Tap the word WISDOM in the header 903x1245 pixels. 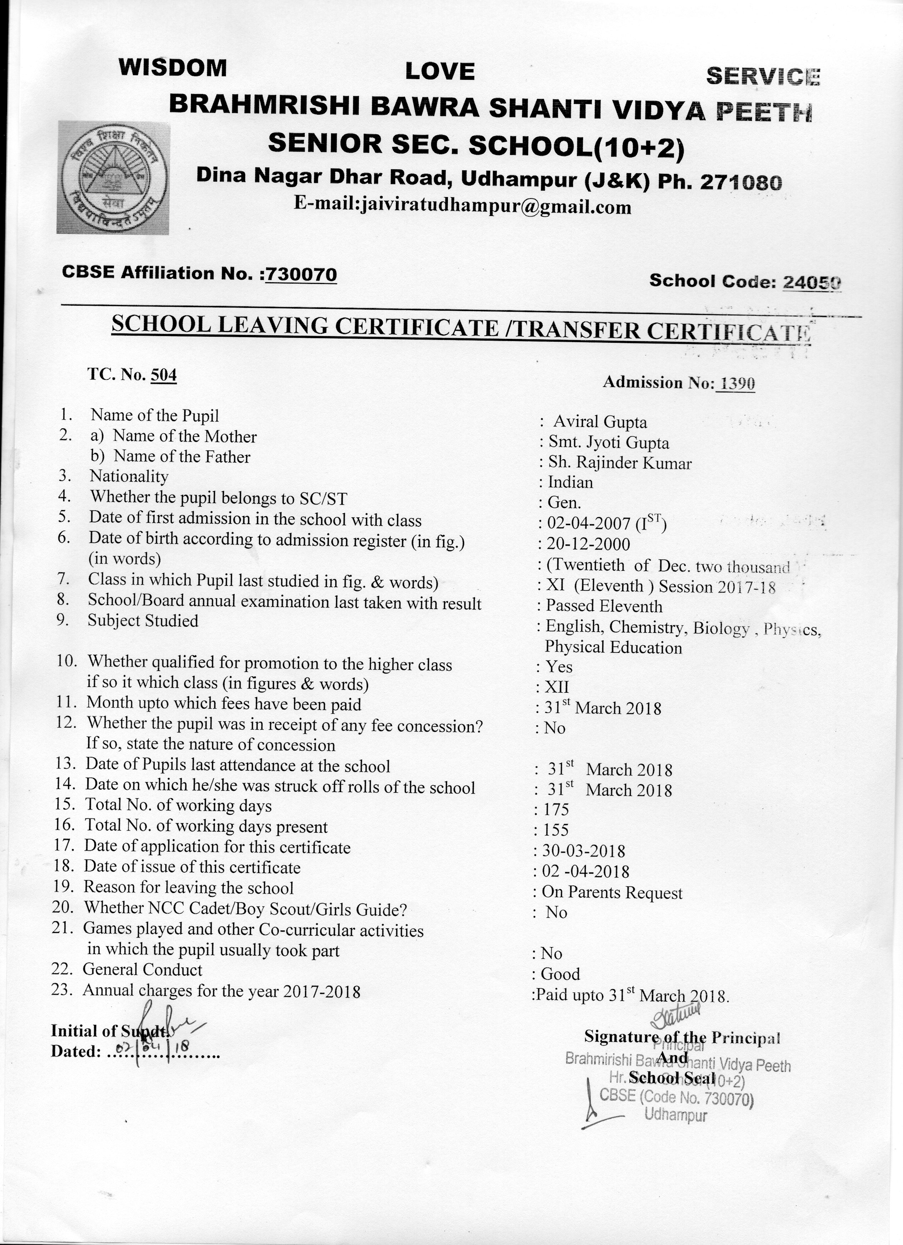tap(172, 67)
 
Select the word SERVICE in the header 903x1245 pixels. tap(763, 76)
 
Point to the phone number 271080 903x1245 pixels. tap(741, 182)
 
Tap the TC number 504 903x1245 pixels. tap(164, 375)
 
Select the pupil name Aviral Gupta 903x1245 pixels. tap(600, 422)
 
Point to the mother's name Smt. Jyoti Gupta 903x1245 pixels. tap(609, 443)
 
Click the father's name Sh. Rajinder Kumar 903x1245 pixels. tap(620, 463)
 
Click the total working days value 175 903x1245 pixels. tap(556, 810)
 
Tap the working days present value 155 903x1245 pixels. tap(556, 830)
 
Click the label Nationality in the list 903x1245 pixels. tap(129, 476)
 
